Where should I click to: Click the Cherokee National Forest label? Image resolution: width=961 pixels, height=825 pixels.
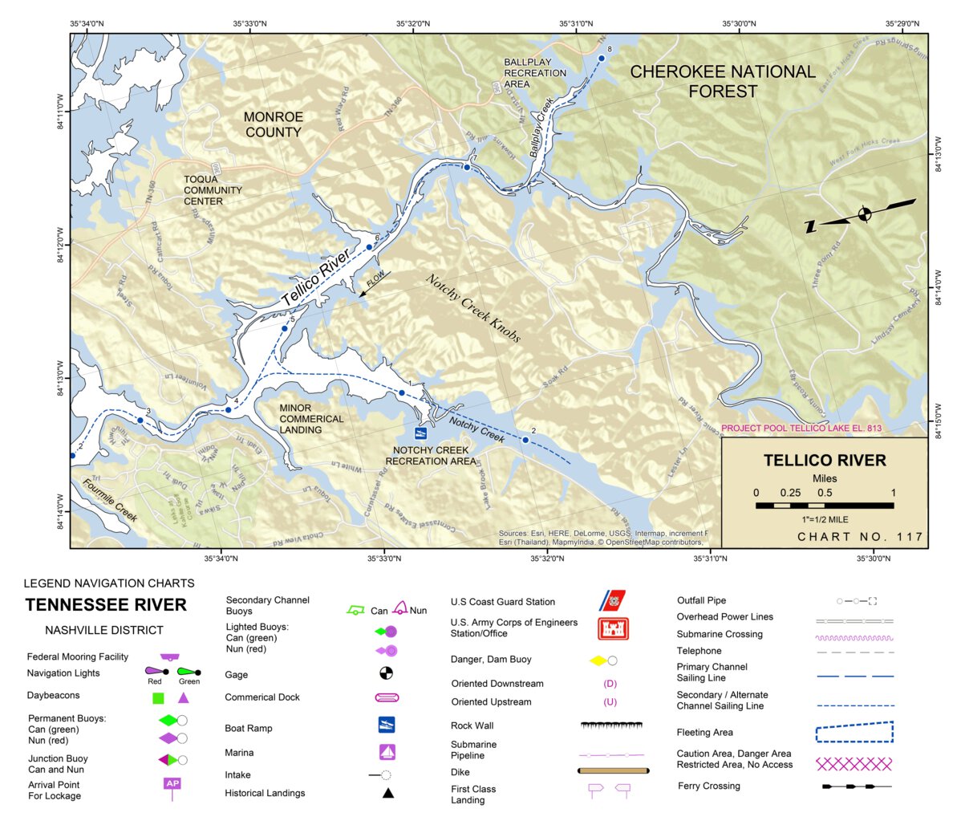(722, 81)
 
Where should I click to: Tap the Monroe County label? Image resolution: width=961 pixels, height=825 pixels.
(273, 124)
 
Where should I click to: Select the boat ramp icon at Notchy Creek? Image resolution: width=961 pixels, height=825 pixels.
(420, 433)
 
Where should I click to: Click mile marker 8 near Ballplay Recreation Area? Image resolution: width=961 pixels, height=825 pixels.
(601, 58)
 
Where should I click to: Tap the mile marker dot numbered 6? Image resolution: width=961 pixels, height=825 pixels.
(369, 246)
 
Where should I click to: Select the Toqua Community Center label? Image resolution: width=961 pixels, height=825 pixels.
(213, 190)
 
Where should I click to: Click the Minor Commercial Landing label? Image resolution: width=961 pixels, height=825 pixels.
(311, 419)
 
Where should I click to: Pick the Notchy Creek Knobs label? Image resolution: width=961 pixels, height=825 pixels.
(472, 308)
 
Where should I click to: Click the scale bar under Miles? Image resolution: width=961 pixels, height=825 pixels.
(824, 506)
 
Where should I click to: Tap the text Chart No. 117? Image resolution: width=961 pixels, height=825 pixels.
(860, 537)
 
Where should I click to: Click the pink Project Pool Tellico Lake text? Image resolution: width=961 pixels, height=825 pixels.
(801, 429)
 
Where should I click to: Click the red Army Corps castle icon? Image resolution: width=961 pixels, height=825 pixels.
(613, 628)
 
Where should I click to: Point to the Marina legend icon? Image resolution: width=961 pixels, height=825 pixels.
(387, 753)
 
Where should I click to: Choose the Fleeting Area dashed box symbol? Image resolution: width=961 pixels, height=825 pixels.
(854, 732)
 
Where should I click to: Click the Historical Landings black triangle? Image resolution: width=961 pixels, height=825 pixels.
(387, 793)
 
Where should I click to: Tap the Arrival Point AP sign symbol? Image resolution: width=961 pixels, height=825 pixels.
(172, 786)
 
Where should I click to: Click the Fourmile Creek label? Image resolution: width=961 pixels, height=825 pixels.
(110, 499)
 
